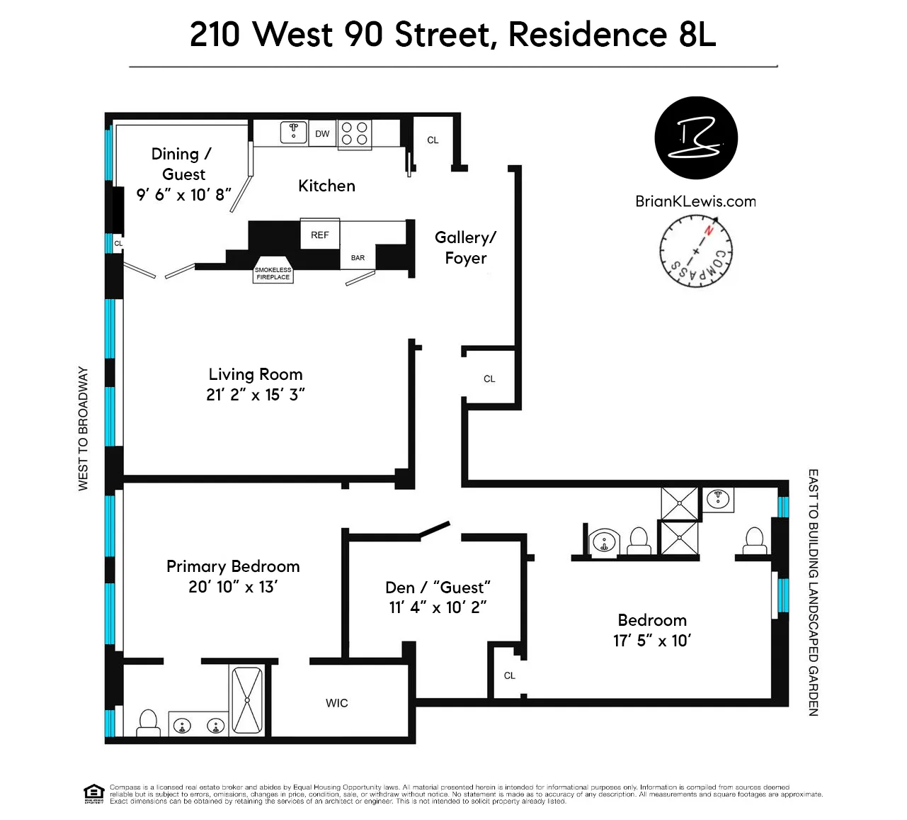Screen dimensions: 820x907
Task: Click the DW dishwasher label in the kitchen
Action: [x=322, y=134]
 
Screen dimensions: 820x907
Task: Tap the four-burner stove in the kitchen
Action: [x=355, y=133]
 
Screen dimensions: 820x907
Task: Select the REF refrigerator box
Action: [x=320, y=235]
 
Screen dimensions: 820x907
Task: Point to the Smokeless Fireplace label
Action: [x=273, y=274]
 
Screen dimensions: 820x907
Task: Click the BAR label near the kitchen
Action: [x=358, y=258]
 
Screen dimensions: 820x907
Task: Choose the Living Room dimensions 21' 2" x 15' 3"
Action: [x=256, y=395]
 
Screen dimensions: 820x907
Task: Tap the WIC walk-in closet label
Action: [x=337, y=703]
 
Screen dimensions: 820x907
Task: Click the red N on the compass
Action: [x=708, y=230]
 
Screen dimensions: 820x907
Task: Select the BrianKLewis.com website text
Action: [x=695, y=201]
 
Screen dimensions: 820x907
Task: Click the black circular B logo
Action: [x=696, y=138]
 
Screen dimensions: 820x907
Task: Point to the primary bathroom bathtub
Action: [x=247, y=700]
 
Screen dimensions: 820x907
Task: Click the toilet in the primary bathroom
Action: [x=148, y=721]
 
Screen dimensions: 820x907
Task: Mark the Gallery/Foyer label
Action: [x=465, y=247]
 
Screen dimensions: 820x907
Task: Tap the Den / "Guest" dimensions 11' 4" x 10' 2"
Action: [x=438, y=607]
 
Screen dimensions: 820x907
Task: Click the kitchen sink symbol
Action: [x=294, y=131]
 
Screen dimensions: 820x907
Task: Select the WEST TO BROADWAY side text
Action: [x=84, y=428]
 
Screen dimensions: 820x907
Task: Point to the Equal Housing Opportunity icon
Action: [x=93, y=794]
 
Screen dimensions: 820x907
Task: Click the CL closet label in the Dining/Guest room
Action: [x=118, y=243]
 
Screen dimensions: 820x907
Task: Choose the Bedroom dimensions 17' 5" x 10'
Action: [x=652, y=641]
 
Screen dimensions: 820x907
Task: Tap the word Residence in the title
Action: [x=587, y=34]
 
